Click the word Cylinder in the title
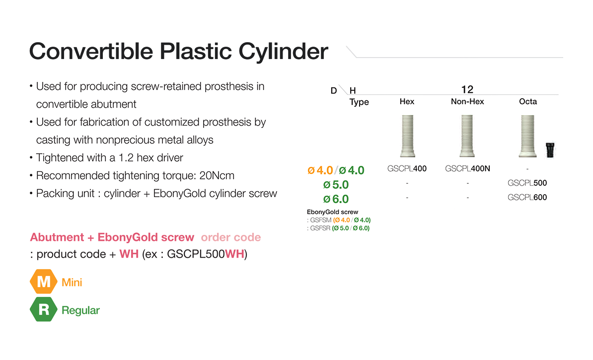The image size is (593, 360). pos(283,52)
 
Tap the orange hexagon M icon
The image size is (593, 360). pos(44,282)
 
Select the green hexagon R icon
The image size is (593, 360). pos(44,310)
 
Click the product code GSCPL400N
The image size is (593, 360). pos(467,169)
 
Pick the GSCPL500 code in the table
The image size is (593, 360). pos(527,183)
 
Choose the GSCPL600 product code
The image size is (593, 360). pos(527,198)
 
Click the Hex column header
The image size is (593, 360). pos(407,101)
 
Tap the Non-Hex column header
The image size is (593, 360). pos(467,101)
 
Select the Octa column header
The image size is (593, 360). pos(528,101)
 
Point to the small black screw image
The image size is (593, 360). pos(550,150)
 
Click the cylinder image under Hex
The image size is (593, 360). pos(407,136)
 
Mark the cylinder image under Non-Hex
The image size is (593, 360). pos(467,136)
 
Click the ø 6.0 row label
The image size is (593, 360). pos(336,199)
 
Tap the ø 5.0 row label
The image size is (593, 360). pos(336,185)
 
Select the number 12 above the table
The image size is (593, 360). pos(467,89)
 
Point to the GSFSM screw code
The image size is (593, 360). pos(321,220)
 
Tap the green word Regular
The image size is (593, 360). pos(80,310)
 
